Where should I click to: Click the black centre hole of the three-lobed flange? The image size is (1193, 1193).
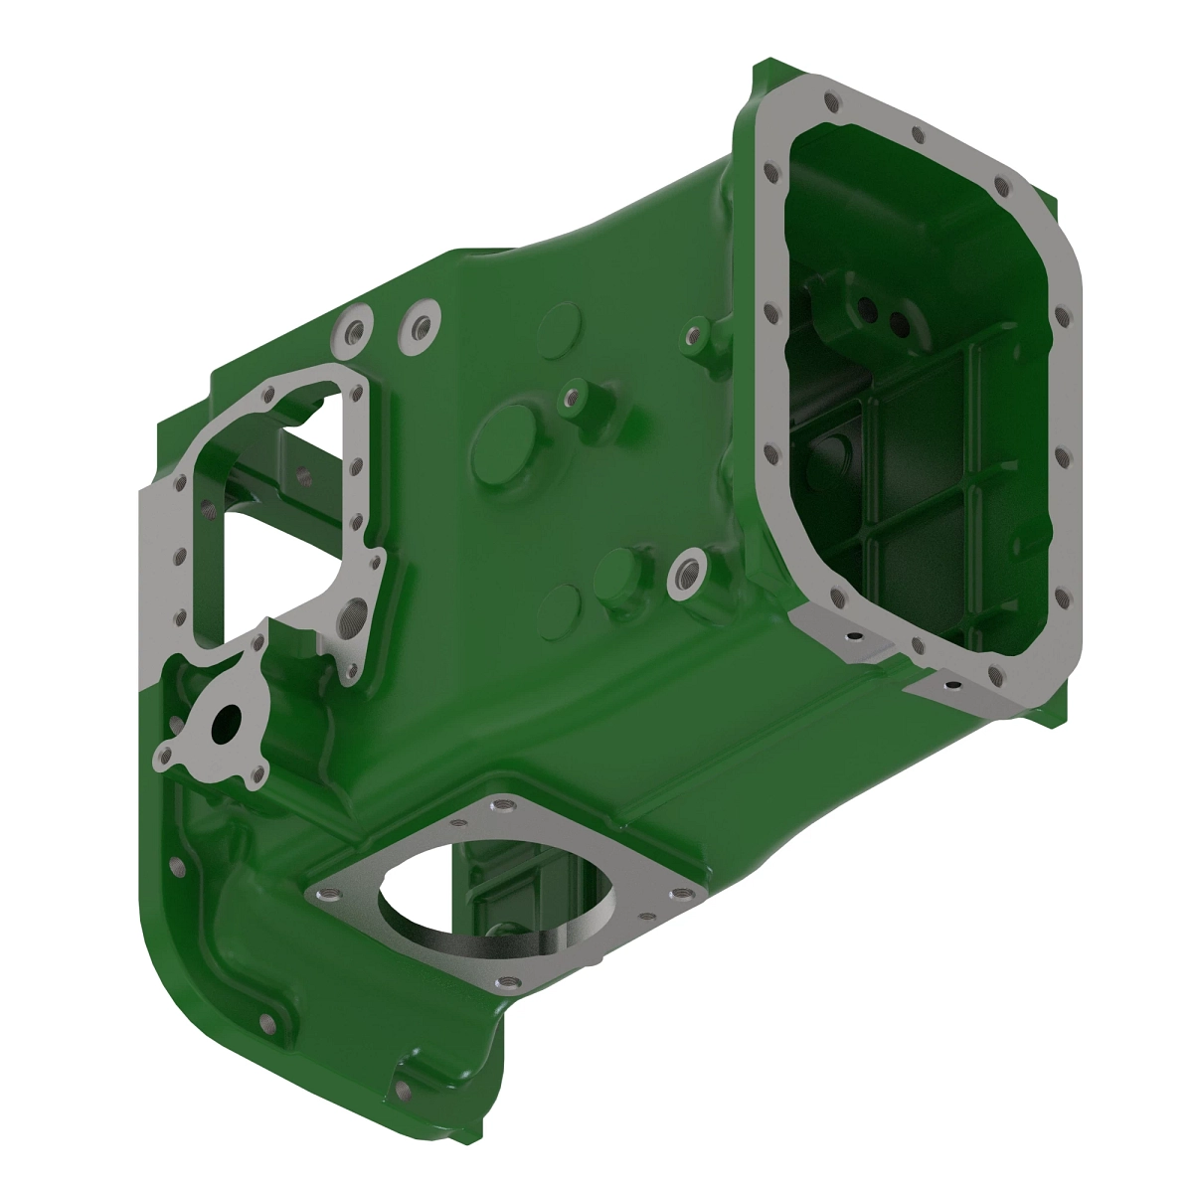(x=225, y=722)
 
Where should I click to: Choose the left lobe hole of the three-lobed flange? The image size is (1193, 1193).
(x=164, y=761)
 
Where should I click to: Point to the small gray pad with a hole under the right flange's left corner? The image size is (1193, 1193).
(x=850, y=635)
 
